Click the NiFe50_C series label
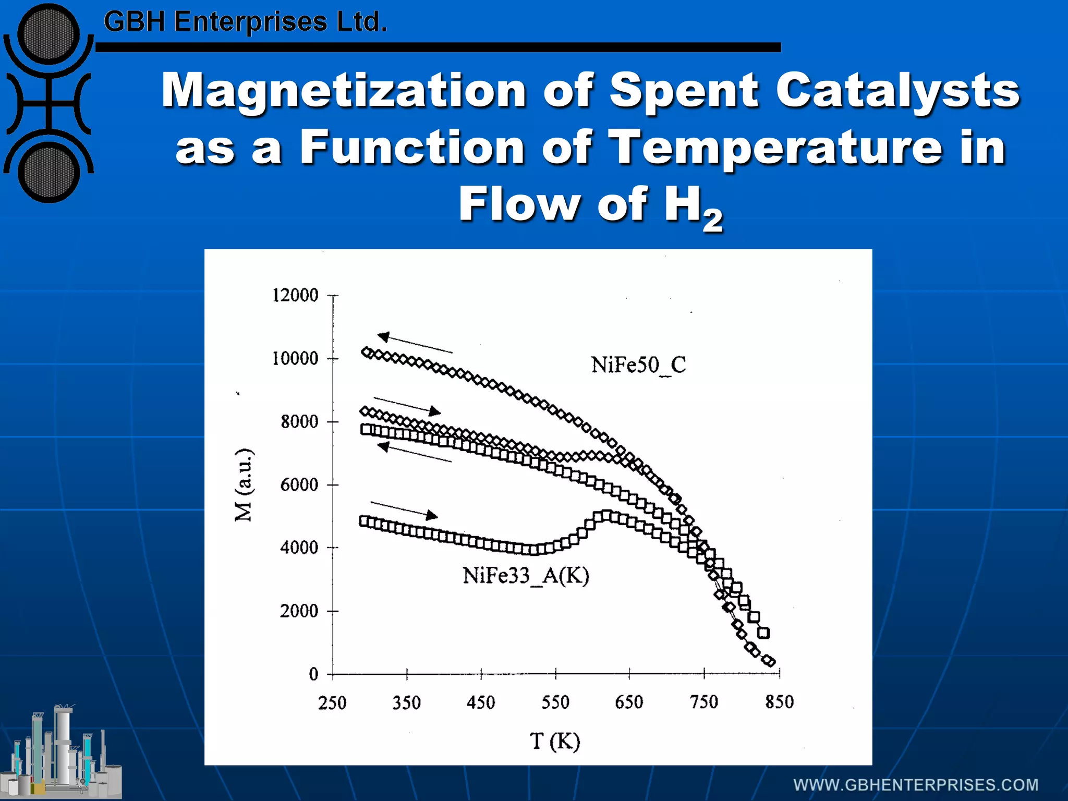tap(638, 365)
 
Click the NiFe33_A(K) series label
tap(526, 576)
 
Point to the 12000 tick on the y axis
tap(295, 296)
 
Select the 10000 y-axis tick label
tap(295, 359)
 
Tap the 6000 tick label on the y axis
tap(299, 485)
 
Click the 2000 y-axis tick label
tap(299, 611)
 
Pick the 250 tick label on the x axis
tap(332, 703)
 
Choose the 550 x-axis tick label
tap(555, 702)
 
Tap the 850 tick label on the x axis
tap(779, 702)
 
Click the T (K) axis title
tap(555, 741)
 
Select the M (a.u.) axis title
tap(244, 484)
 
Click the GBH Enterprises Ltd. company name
tap(245, 22)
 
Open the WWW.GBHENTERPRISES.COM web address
tap(916, 785)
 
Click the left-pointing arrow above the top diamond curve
tap(415, 343)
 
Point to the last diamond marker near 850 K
tap(769, 661)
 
